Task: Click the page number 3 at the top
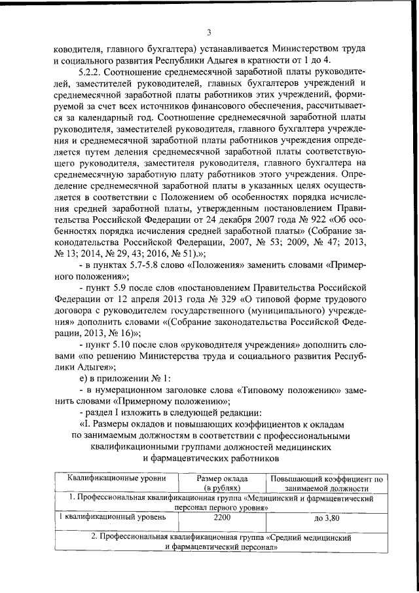coord(208,33)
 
